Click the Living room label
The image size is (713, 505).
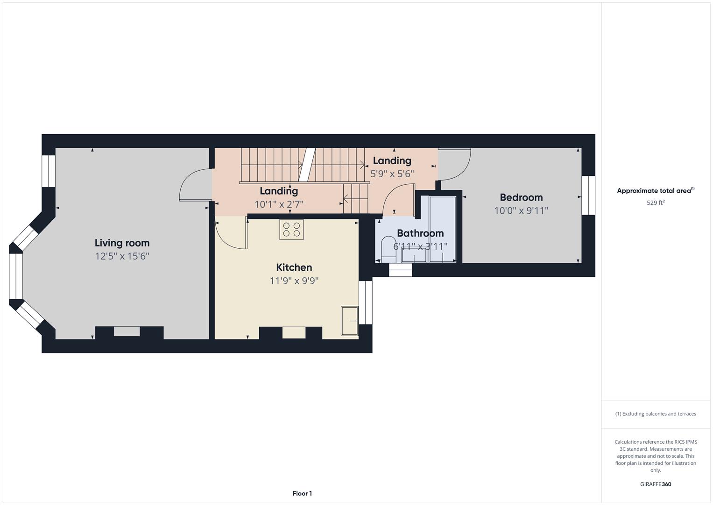tap(122, 243)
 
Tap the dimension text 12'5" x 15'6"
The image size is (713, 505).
tap(122, 256)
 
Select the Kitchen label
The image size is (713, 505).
tap(294, 267)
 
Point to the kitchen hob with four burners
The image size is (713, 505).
tap(291, 230)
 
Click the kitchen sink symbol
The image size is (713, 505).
tap(349, 321)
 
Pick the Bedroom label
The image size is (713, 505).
tap(521, 197)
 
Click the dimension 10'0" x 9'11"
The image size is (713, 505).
tap(521, 211)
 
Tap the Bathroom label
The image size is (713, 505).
tap(420, 233)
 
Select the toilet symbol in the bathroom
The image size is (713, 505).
tap(388, 249)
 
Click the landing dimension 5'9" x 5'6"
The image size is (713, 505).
tap(392, 174)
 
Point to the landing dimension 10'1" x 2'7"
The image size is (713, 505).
tap(279, 204)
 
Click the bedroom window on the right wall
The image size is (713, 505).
tap(588, 195)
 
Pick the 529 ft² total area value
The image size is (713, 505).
tap(656, 203)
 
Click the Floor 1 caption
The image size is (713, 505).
tap(302, 493)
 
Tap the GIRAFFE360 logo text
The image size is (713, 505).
tap(656, 484)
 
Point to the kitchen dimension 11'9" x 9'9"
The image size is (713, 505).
tap(294, 281)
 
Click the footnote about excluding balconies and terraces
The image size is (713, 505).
tap(656, 414)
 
